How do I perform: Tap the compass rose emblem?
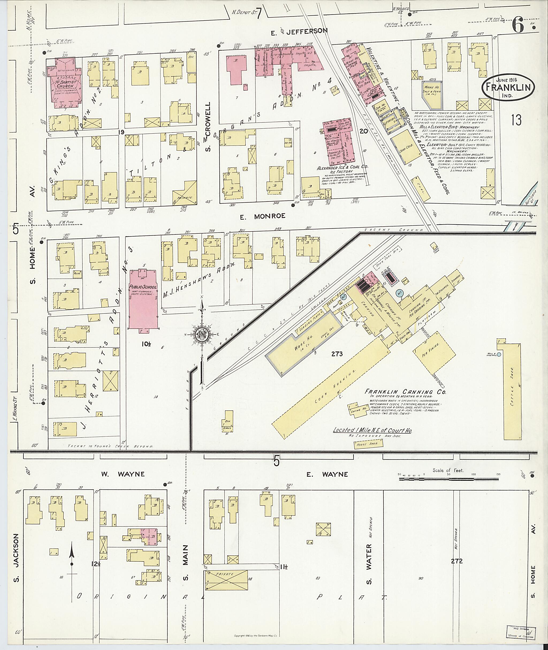click(x=202, y=334)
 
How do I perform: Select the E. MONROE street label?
click(x=263, y=216)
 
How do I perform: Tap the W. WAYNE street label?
click(x=123, y=474)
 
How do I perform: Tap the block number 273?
click(x=337, y=353)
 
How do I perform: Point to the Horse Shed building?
click(x=369, y=445)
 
